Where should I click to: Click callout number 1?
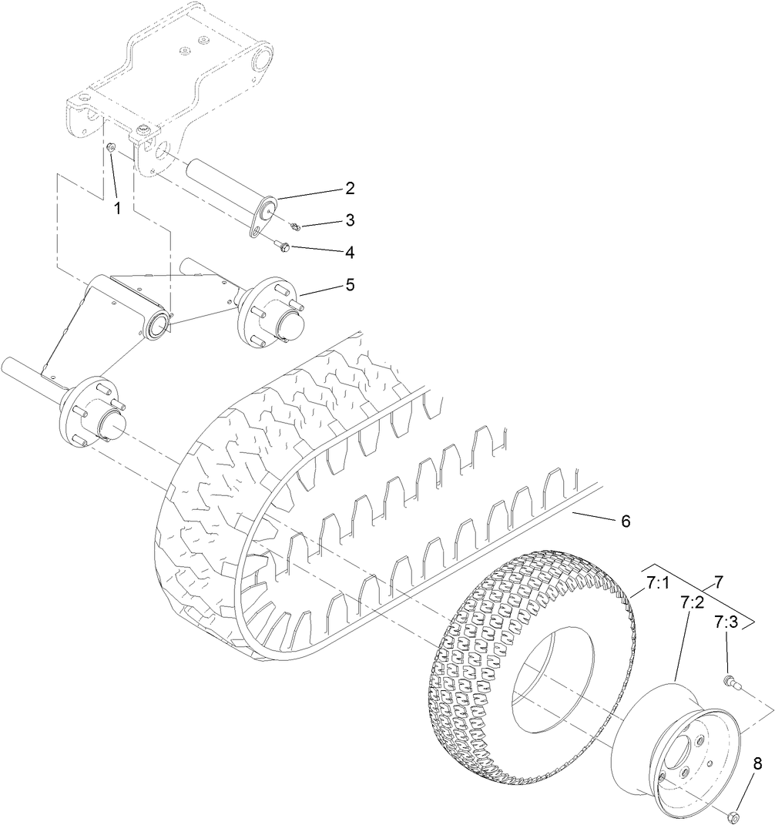(118, 208)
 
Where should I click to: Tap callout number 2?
(349, 188)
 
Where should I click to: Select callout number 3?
(349, 220)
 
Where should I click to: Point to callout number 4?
(349, 252)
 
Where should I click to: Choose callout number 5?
(349, 284)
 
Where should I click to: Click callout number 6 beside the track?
(625, 521)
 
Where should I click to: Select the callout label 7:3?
(726, 621)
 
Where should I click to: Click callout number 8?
(757, 764)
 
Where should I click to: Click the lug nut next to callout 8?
(733, 814)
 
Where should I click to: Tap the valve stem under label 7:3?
(728, 681)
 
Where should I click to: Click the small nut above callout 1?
(111, 146)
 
